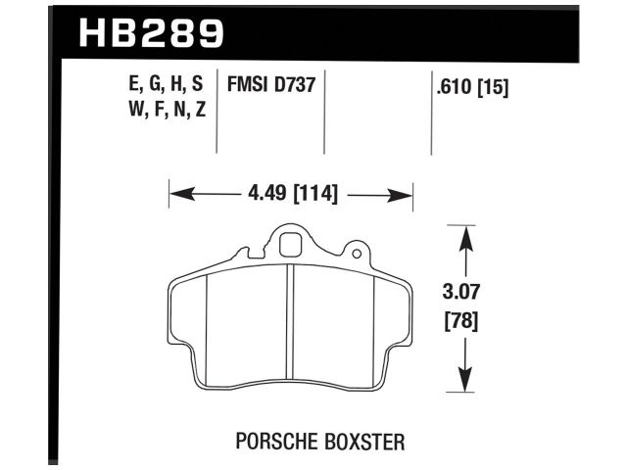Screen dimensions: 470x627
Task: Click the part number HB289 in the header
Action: [x=150, y=34]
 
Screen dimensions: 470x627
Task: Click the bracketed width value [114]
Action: [x=313, y=194]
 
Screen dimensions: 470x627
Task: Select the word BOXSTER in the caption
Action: [x=362, y=443]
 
